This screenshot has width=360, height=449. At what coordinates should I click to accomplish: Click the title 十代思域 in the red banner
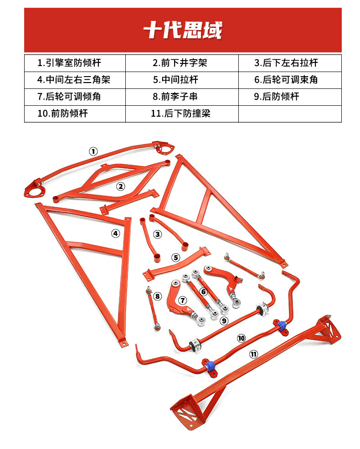pos(183,31)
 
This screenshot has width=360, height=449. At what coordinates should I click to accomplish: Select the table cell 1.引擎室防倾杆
pos(69,63)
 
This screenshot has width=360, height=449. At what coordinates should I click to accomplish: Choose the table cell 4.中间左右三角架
pos(74,80)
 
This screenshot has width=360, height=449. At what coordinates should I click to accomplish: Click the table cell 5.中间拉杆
pos(175,80)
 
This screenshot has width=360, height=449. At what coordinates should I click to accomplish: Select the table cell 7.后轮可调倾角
pos(69,97)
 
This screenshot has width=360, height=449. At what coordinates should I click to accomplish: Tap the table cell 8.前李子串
pos(175,97)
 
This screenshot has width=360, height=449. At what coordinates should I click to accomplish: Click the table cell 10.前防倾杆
pos(62,114)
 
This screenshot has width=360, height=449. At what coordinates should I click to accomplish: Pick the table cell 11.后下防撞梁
pos(180,114)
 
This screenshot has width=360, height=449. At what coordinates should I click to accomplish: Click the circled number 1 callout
pos(93,151)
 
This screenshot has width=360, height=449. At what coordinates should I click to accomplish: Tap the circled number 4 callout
pos(116,233)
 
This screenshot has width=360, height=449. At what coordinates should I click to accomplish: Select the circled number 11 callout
pos(254,354)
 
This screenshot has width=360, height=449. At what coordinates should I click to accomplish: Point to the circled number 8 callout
pos(158,296)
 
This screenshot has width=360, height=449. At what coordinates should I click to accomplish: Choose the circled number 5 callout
pos(176,258)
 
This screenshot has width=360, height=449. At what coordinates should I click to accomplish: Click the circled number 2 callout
pos(120,186)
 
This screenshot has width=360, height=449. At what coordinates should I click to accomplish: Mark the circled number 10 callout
pos(241,338)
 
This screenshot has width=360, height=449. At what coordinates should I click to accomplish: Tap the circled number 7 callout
pos(182,300)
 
